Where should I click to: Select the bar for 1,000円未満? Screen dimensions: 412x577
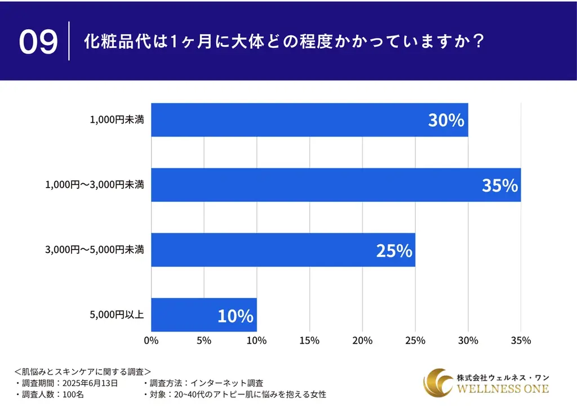(x=309, y=119)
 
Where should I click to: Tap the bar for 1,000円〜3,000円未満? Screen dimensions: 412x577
(x=336, y=185)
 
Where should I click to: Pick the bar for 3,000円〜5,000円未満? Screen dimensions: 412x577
(x=283, y=250)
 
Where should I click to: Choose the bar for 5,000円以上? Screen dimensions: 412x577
(x=204, y=315)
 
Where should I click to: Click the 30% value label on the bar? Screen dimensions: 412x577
(x=445, y=120)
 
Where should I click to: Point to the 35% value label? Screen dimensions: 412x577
(x=499, y=185)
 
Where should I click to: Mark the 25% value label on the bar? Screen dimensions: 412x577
(x=394, y=251)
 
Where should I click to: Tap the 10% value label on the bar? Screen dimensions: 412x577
(x=236, y=316)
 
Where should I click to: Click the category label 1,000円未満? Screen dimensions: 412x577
(x=117, y=119)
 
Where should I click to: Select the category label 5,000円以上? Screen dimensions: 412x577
(x=117, y=315)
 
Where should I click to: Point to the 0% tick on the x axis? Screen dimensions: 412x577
(x=151, y=340)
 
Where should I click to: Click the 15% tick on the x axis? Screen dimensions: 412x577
(x=309, y=340)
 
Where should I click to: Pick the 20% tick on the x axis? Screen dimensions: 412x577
(x=362, y=340)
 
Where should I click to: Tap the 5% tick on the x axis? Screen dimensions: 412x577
(x=204, y=340)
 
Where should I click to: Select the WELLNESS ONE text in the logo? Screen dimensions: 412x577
(x=503, y=389)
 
